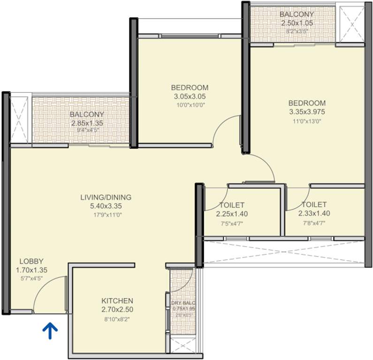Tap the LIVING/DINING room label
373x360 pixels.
point(106,197)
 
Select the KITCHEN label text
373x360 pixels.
point(117,300)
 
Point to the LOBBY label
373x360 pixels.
point(31,261)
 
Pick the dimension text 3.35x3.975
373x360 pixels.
point(306,112)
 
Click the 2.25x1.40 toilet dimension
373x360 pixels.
point(232,214)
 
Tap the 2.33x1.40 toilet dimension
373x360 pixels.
point(314,214)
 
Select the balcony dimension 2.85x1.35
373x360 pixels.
point(87,123)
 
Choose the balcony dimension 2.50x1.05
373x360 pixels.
point(297,22)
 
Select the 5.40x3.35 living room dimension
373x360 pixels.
point(106,206)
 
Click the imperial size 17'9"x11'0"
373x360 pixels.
point(106,215)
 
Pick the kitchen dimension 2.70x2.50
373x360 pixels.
point(117,310)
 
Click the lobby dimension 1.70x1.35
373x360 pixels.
point(31,270)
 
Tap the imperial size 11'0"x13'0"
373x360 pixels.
point(306,121)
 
